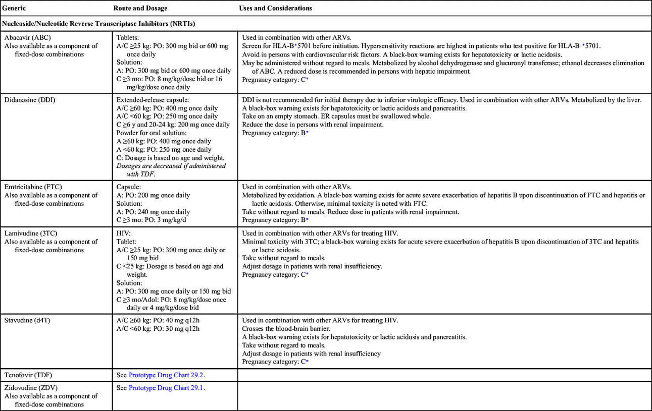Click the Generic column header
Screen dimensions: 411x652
[x=14, y=8]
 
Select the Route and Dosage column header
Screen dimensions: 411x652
[x=140, y=8]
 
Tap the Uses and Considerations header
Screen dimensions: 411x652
[x=275, y=8]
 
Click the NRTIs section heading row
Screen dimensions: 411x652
[x=98, y=24]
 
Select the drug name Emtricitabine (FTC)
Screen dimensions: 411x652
[x=32, y=187]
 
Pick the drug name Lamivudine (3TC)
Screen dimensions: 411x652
[x=30, y=233]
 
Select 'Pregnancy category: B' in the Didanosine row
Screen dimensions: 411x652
[x=273, y=133]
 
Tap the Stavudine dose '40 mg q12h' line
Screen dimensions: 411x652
[x=158, y=320]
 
